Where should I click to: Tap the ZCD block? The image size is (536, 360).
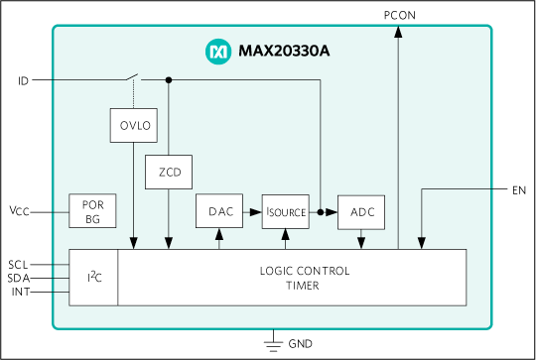(x=169, y=172)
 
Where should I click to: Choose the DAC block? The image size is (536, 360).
(x=219, y=211)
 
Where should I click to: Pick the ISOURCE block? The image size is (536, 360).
(x=286, y=211)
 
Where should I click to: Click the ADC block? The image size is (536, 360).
(x=360, y=211)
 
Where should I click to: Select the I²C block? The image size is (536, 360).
(x=93, y=277)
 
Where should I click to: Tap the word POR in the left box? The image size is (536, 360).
(x=92, y=205)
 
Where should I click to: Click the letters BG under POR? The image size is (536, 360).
(x=92, y=218)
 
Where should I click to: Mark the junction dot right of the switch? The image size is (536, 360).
(x=169, y=79)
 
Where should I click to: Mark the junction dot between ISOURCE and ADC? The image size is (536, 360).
(x=321, y=211)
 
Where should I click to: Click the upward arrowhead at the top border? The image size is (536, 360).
(x=398, y=31)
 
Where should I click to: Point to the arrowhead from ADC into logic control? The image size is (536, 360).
(x=360, y=243)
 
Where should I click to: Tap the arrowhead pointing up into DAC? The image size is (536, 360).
(x=219, y=235)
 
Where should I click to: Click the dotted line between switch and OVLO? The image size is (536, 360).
(x=133, y=94)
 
